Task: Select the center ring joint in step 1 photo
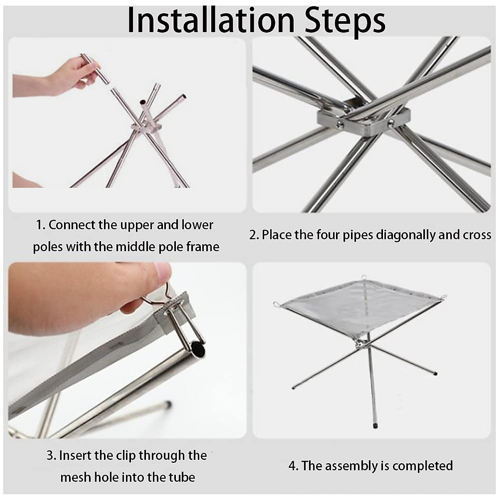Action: pos(146,127)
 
